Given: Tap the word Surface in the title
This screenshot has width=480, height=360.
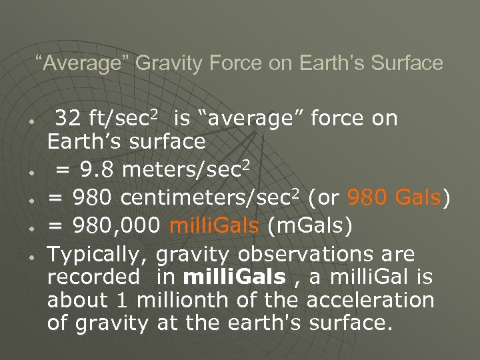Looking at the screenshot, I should (x=405, y=63).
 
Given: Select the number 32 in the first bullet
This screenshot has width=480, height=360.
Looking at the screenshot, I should (x=68, y=119).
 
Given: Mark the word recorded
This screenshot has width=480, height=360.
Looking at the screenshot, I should (x=93, y=278).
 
